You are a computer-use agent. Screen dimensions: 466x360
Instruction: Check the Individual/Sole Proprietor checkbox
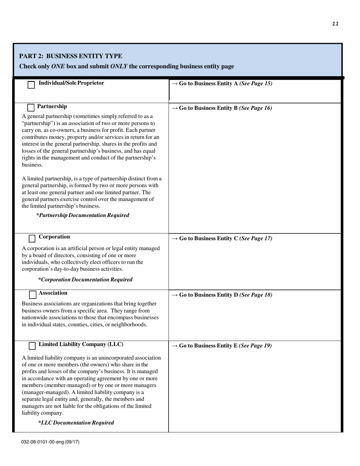[x=31, y=85]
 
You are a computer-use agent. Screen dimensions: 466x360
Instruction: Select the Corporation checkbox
[x=33, y=238]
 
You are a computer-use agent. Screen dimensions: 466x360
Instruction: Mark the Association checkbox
[x=33, y=294]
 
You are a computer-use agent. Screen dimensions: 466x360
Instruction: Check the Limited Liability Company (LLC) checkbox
[x=33, y=346]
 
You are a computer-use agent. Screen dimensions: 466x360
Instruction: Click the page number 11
[x=335, y=23]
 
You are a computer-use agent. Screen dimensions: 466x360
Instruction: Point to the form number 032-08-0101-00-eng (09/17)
[x=50, y=442]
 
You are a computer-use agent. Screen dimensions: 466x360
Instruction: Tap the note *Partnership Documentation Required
[x=83, y=215]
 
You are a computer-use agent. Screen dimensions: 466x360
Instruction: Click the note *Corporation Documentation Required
[x=85, y=280]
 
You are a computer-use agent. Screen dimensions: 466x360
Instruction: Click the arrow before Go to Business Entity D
[x=174, y=295]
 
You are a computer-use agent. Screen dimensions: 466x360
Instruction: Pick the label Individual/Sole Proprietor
[x=71, y=83]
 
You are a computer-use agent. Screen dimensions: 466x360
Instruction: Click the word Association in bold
[x=53, y=293]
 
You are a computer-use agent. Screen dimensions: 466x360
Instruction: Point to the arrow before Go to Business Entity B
[x=174, y=108]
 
